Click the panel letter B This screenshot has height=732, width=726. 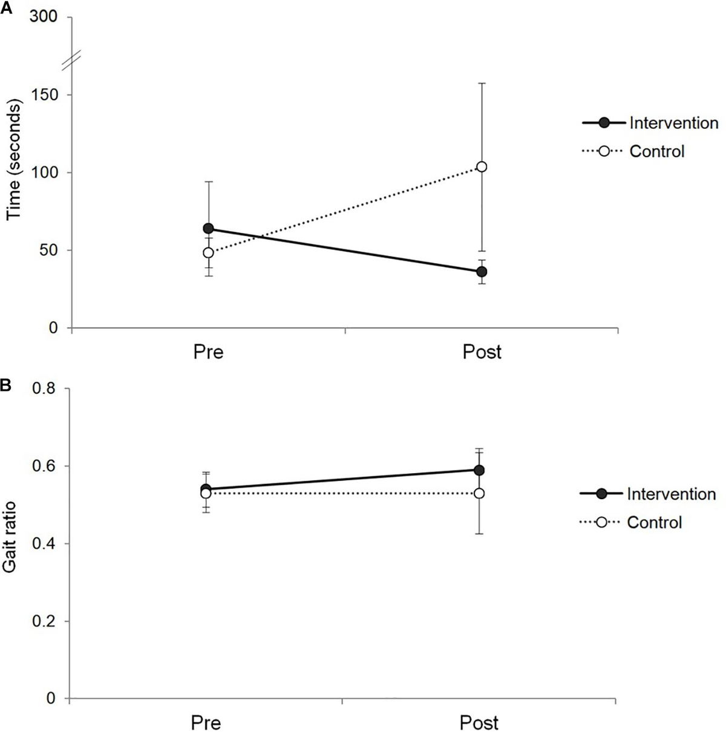click(5, 385)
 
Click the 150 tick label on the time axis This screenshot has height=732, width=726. click(44, 95)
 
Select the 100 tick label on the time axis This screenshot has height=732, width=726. click(44, 172)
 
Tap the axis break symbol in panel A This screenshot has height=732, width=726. click(73, 59)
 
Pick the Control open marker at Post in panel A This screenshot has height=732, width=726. click(482, 167)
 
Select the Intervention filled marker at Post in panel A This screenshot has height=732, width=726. click(482, 272)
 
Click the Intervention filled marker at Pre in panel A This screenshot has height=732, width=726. click(208, 229)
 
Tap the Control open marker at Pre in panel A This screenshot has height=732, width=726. click(208, 253)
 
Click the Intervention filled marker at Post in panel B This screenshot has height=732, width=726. click(479, 470)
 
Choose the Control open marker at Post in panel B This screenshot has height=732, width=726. click(479, 494)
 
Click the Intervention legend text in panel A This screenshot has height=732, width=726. click(673, 123)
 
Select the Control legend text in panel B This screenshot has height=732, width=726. click(654, 522)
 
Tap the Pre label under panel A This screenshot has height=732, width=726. click(208, 351)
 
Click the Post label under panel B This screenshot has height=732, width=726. click(479, 722)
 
